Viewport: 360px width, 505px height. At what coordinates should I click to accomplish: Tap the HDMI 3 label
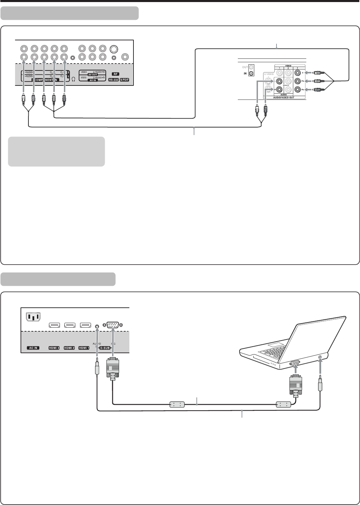pyautogui.click(x=54, y=348)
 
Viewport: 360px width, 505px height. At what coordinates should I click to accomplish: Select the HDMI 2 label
pyautogui.click(x=69, y=348)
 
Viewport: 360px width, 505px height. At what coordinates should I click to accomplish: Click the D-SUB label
pyautogui.click(x=105, y=348)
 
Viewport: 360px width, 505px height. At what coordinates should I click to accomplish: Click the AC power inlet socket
pyautogui.click(x=33, y=317)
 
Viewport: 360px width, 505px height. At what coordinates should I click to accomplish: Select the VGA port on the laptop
pyautogui.click(x=295, y=364)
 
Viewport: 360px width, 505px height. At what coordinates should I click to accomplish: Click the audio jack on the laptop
pyautogui.click(x=320, y=357)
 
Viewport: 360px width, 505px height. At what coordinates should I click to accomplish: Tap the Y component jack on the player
pyautogui.click(x=298, y=72)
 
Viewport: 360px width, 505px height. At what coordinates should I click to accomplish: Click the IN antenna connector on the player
pyautogui.click(x=252, y=73)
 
